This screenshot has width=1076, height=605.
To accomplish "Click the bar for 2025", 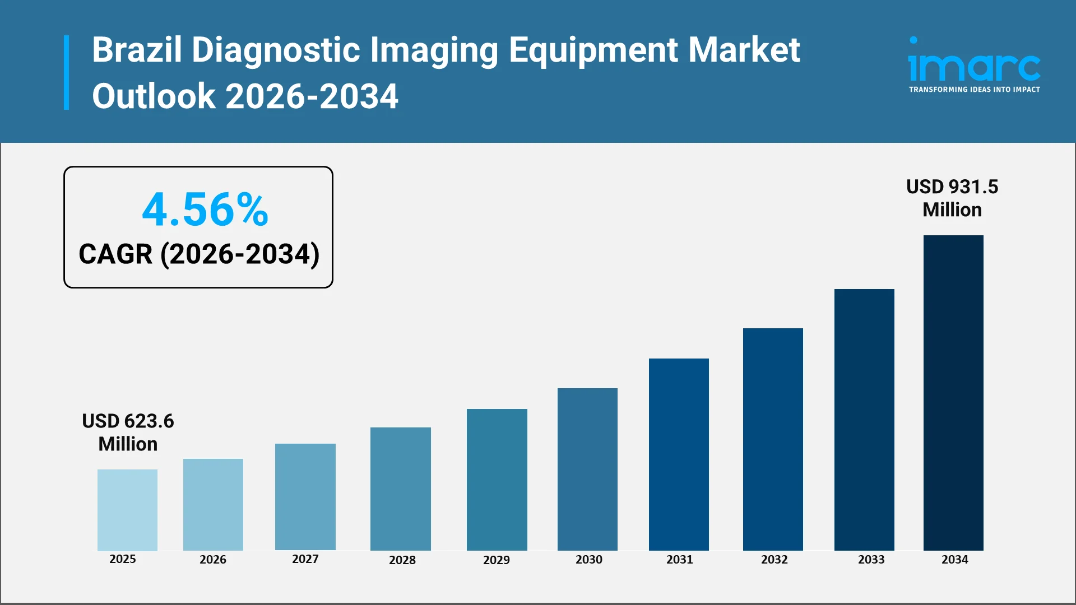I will [127, 510].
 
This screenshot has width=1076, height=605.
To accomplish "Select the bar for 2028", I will [400, 488].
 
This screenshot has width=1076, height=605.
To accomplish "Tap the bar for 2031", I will [679, 454].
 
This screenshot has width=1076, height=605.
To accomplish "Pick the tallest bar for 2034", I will [953, 392].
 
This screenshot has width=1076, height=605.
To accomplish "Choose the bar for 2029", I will [497, 480].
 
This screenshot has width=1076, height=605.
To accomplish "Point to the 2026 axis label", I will [213, 559].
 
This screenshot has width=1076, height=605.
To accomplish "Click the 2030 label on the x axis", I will [589, 559].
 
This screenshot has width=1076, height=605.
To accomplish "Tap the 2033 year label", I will [871, 559].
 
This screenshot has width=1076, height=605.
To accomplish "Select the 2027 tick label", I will [305, 559].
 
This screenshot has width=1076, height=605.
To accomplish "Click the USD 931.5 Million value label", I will [952, 198].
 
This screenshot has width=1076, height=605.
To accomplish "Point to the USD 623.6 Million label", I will [128, 432].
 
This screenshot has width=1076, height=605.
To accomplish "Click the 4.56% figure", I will [205, 210].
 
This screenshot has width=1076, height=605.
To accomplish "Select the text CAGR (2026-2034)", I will [199, 254].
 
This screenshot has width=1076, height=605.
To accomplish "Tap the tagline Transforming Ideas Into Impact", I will [974, 90].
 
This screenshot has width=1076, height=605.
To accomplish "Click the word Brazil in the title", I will [137, 50].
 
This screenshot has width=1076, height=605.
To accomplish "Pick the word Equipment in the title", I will [593, 50].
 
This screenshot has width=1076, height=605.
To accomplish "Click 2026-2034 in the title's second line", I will [312, 96].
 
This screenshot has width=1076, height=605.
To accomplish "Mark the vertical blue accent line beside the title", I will [67, 72].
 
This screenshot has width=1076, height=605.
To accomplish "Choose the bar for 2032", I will [773, 439].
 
